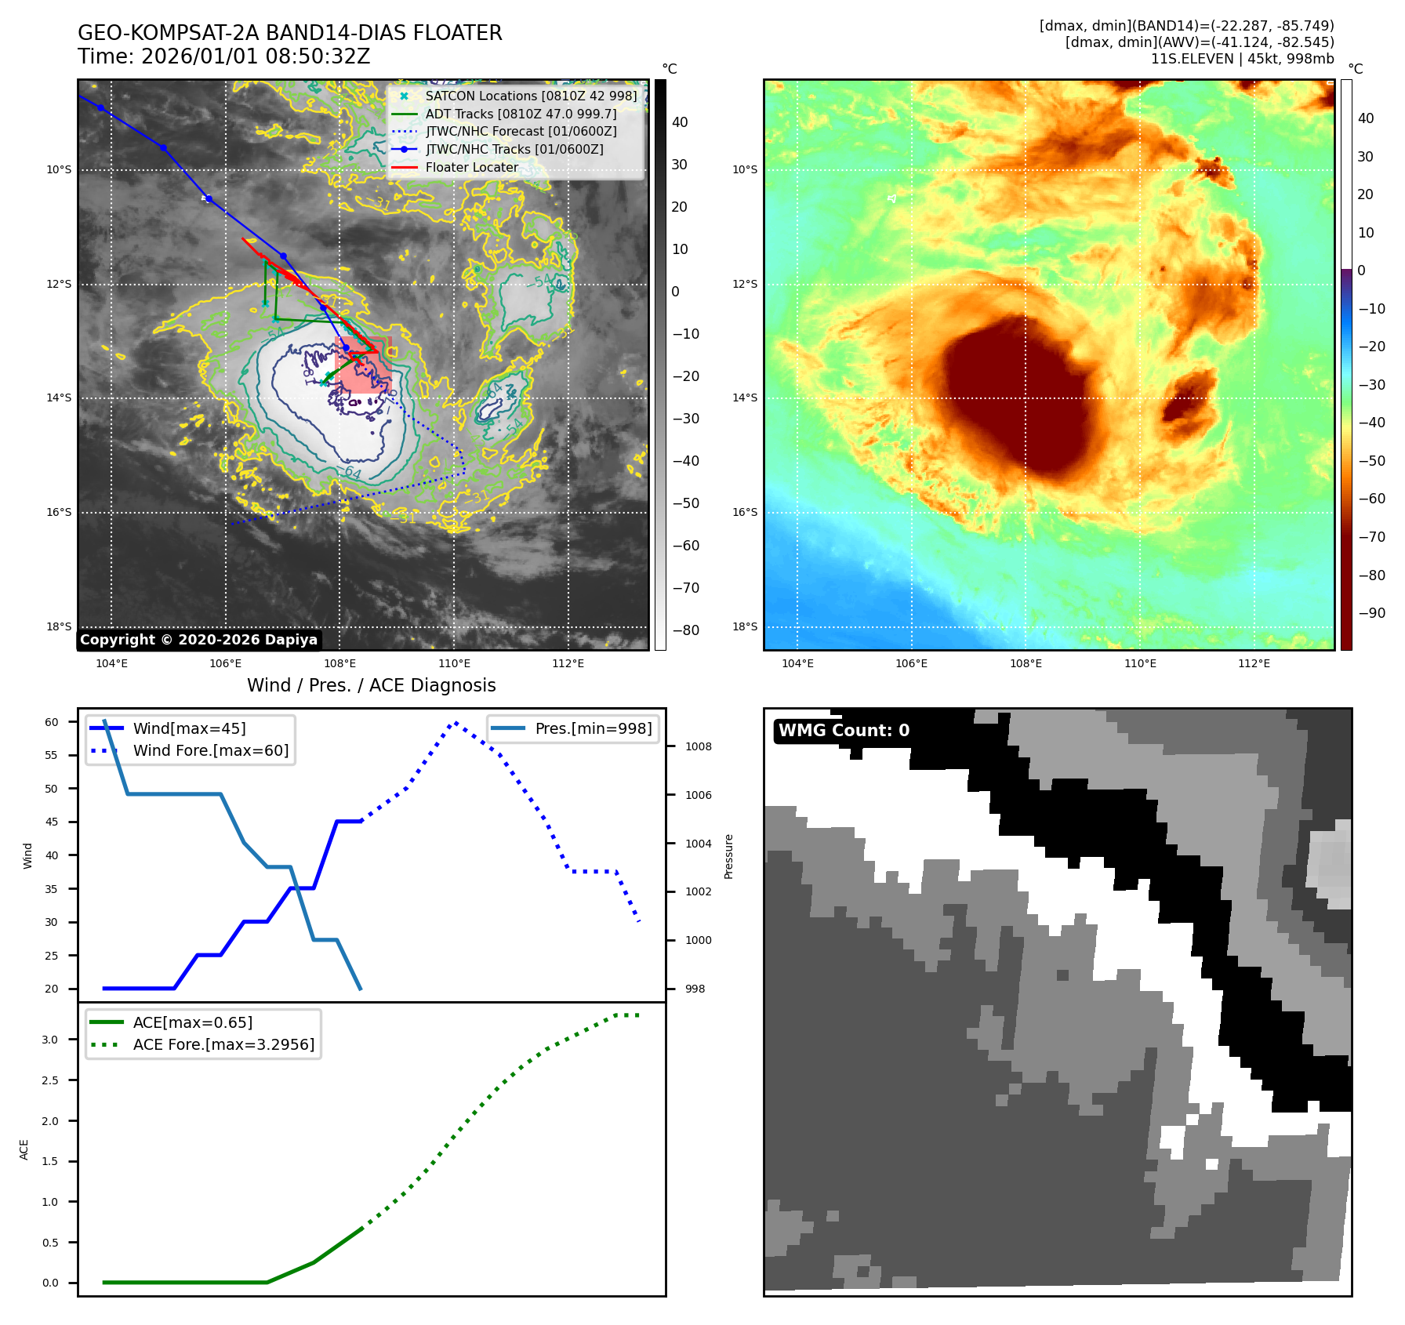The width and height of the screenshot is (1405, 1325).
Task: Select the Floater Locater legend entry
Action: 471,167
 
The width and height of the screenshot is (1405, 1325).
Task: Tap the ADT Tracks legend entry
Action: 521,114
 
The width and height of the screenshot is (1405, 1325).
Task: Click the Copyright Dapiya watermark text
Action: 198,640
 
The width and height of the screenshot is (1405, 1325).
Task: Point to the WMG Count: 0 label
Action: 844,731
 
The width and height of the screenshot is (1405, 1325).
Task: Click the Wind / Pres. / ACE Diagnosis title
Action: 372,685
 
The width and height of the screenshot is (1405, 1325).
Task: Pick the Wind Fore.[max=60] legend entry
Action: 210,750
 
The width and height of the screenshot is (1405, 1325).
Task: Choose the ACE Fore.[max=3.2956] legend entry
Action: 223,1044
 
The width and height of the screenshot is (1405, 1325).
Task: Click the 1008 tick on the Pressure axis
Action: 699,746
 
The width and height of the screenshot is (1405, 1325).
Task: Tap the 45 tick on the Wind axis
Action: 52,822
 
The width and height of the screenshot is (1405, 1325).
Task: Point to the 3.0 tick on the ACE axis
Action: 50,1040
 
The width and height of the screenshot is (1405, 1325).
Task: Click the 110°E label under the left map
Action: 454,663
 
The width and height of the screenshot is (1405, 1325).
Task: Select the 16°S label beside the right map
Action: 745,512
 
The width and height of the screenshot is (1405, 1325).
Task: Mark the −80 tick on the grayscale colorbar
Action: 686,630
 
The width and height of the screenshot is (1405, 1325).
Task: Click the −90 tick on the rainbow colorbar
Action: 1371,613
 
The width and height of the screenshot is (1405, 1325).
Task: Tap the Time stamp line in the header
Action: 223,56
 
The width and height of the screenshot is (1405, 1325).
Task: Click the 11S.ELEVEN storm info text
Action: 1242,59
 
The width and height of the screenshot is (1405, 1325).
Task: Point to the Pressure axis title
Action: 728,856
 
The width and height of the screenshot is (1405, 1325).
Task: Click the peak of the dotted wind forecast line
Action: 456,722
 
